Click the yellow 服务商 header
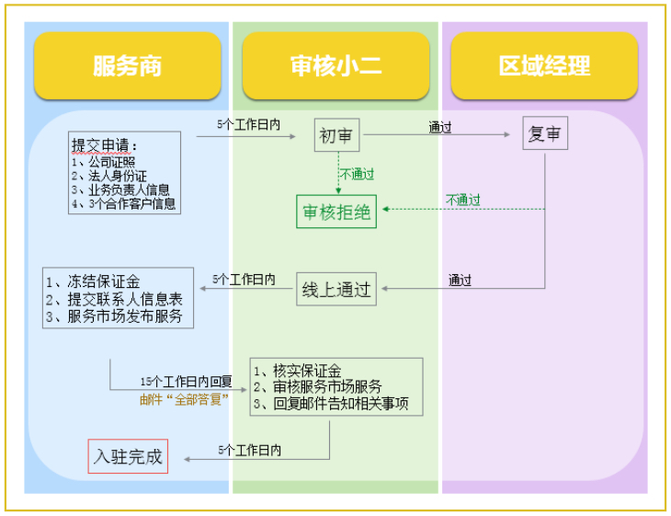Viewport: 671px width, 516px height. click(127, 66)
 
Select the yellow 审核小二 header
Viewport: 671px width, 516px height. click(335, 66)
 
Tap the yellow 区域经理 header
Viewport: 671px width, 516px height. click(544, 66)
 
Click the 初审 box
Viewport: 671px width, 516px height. click(335, 135)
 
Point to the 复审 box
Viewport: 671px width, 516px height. click(545, 134)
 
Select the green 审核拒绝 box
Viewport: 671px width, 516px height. click(336, 212)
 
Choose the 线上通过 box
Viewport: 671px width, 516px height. click(336, 289)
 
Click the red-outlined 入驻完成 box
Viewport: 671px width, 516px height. click(128, 456)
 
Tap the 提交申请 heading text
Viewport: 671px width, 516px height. click(106, 145)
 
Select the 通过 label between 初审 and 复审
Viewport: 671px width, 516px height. click(440, 128)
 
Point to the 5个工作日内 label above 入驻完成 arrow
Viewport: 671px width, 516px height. click(250, 450)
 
